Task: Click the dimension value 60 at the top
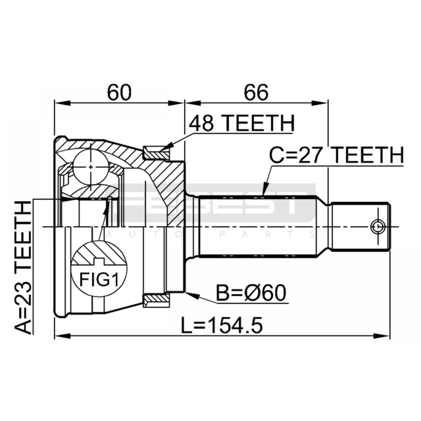[x=119, y=92]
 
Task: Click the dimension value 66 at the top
[x=256, y=92]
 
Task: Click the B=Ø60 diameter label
[x=251, y=293]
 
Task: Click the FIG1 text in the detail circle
[x=99, y=279]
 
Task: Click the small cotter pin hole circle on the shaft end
[x=378, y=227]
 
